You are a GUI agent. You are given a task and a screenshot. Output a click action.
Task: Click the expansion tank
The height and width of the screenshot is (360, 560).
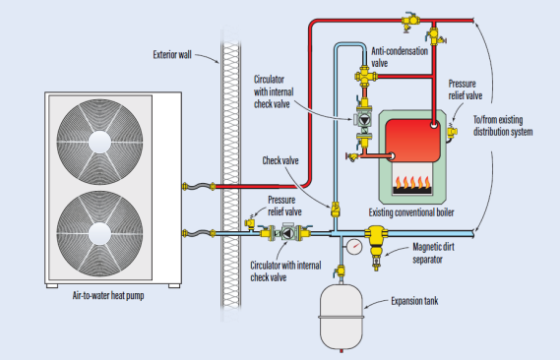point(342,317)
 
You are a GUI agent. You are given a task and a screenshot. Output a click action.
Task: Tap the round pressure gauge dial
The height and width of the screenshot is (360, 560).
point(354,247)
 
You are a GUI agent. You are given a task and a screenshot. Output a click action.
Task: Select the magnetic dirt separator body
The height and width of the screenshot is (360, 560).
point(376,243)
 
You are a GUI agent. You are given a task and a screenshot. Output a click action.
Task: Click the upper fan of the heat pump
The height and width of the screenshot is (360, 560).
point(99,142)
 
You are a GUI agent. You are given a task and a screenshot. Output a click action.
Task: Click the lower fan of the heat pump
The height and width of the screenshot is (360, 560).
point(99,234)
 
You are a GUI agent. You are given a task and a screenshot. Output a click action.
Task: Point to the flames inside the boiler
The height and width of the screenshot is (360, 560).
point(412,182)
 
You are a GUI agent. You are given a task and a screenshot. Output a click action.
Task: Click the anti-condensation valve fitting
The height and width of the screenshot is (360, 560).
point(365,76)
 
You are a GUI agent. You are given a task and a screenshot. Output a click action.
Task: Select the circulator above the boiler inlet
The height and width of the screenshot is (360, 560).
point(364,120)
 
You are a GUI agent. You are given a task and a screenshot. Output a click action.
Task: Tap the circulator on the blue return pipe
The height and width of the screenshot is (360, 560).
point(287,233)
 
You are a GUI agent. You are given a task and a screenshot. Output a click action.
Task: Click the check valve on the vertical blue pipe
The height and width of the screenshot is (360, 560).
point(336,210)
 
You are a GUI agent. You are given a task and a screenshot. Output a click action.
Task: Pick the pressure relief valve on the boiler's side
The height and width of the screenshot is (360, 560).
point(452,132)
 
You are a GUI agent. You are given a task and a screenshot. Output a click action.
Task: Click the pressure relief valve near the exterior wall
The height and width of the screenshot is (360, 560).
point(250,223)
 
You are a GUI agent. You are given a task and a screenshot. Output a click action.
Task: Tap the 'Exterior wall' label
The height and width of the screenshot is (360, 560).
point(172,54)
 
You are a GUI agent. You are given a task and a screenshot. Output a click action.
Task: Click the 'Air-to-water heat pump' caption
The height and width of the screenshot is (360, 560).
point(108,295)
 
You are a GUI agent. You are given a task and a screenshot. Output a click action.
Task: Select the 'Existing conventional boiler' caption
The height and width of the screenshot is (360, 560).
point(411,212)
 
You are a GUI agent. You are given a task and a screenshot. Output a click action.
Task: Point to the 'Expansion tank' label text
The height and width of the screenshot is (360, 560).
point(414,301)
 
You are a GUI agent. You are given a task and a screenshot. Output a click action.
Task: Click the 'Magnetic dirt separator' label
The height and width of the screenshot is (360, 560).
point(433,253)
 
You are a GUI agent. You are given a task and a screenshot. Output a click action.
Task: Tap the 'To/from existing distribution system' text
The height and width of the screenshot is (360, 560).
point(503,126)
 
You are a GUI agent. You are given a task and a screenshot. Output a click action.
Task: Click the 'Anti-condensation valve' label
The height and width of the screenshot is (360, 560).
point(400,57)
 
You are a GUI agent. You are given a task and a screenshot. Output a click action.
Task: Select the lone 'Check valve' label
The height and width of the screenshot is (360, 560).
point(280,160)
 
